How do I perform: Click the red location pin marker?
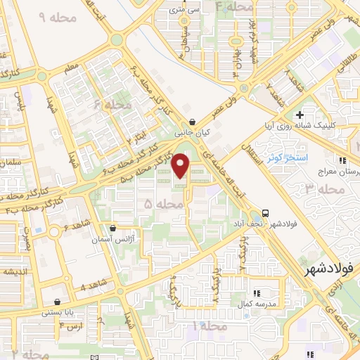pyautogui.click(x=181, y=166)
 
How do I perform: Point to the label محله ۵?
pyautogui.click(x=158, y=203)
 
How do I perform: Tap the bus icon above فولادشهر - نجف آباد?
pyautogui.click(x=266, y=212)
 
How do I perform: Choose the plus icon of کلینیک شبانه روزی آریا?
pyautogui.click(x=300, y=115)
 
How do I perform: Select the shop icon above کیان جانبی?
pyautogui.click(x=192, y=121)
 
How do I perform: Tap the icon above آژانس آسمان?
pyautogui.click(x=113, y=229)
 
